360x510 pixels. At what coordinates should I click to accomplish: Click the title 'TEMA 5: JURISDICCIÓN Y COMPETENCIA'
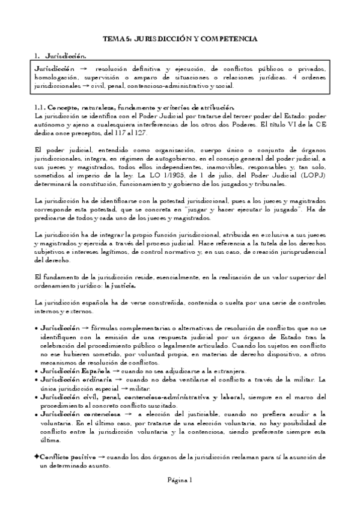(x=180, y=38)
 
